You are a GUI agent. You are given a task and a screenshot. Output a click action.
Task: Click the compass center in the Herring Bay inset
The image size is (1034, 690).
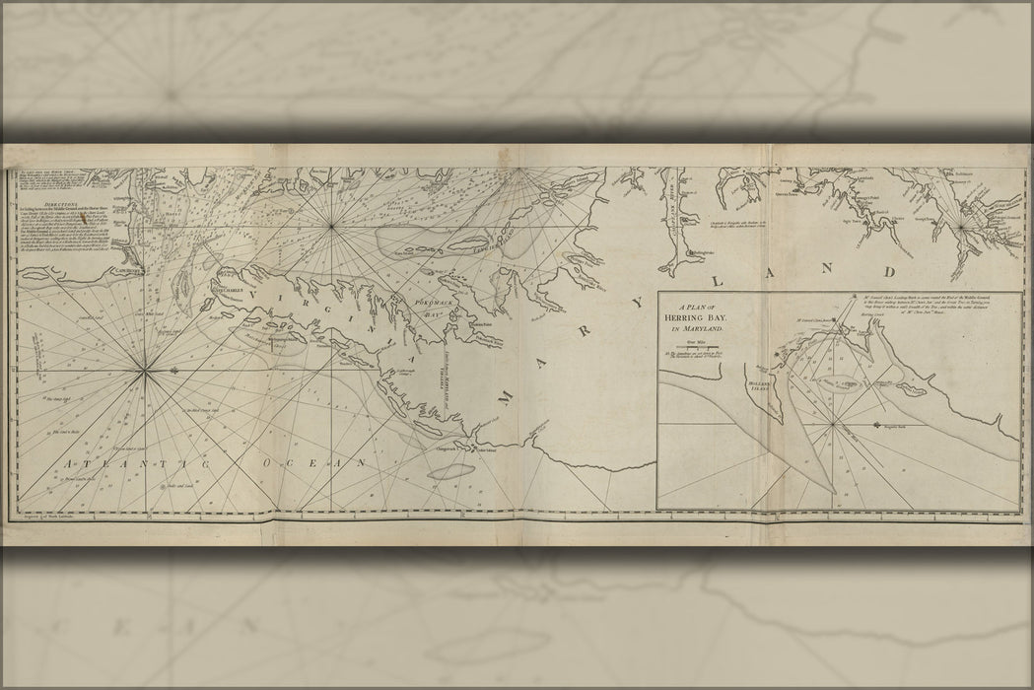836,425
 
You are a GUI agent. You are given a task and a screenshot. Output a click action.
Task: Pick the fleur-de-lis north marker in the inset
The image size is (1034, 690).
877,425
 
